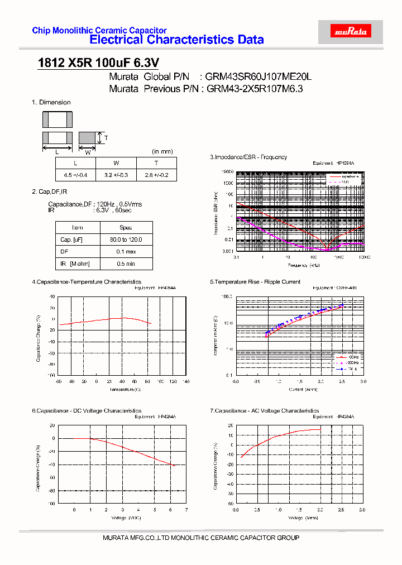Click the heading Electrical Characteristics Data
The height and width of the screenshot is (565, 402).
coord(176,40)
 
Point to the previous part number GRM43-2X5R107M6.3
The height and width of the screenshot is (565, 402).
coord(255,89)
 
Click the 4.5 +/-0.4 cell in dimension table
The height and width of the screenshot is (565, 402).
coord(75,175)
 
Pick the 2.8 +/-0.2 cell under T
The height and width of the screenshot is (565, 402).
coord(156,175)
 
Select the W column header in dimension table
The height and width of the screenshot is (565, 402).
coord(116,163)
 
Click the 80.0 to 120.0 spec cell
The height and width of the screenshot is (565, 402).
coord(126,240)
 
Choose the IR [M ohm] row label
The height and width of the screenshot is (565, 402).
coord(78,264)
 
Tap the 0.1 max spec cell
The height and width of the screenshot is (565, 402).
coord(126,252)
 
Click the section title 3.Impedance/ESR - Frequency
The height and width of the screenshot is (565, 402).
coord(248,157)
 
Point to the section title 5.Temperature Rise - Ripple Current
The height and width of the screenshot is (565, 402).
coord(255,282)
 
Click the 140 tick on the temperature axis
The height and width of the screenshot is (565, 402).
coord(186,381)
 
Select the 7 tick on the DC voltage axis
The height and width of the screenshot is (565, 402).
coord(186,510)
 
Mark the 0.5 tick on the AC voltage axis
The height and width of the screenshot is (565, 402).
coord(257,510)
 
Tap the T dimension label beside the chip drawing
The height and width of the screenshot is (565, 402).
coord(106,138)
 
